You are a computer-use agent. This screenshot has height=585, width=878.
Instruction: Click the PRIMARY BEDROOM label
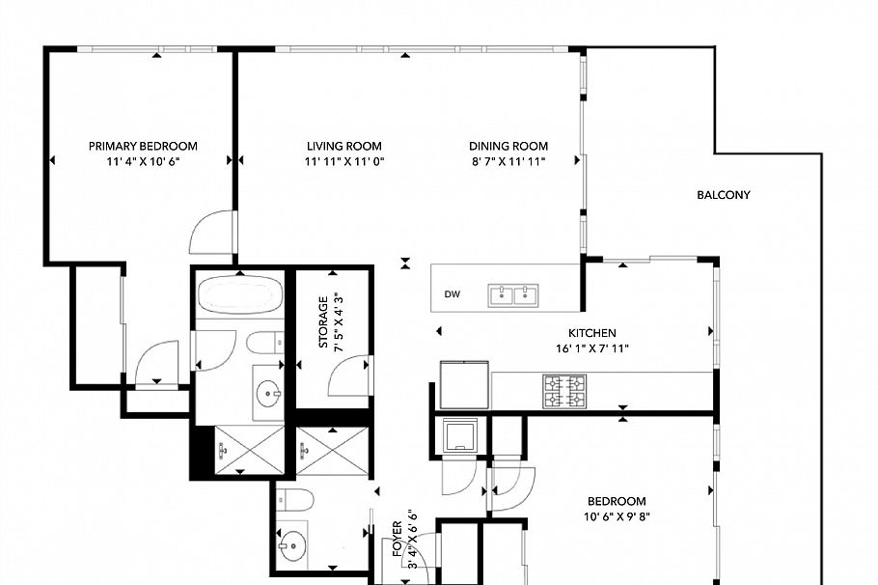(x=143, y=146)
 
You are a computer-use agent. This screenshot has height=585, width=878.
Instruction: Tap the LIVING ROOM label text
(x=344, y=146)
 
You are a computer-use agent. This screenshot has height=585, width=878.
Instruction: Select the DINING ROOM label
(x=508, y=146)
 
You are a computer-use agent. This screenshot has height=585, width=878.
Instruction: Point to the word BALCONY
(x=723, y=195)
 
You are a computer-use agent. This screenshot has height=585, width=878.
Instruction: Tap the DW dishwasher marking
(x=452, y=294)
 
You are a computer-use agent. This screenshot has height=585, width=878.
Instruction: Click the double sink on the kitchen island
(x=514, y=293)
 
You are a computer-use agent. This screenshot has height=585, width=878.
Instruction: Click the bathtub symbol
(x=239, y=293)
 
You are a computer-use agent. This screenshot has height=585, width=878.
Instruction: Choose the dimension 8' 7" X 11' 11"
(x=508, y=161)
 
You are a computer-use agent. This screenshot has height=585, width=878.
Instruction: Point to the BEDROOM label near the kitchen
(x=617, y=501)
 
